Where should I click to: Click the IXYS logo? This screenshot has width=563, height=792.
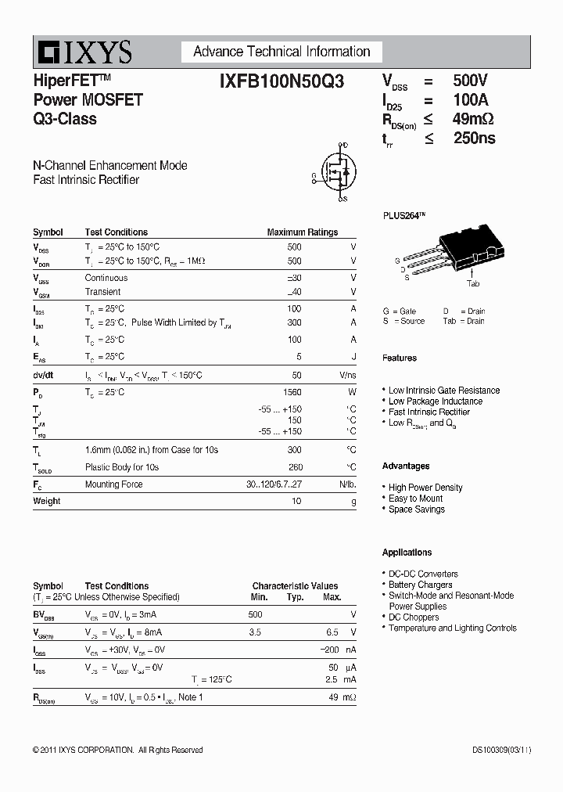83,52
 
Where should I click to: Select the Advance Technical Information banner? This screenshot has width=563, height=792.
281,52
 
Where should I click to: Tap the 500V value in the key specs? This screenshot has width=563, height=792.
470,81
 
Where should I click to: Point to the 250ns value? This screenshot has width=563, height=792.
474,139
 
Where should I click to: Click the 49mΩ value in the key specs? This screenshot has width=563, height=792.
473,119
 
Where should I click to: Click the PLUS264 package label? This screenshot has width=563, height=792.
404,215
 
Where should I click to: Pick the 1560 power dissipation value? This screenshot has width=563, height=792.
292,392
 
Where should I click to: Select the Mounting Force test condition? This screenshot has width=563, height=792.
113,484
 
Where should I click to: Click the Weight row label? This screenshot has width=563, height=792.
46,501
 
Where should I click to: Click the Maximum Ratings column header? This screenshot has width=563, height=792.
302,232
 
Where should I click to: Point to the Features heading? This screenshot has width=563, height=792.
399,358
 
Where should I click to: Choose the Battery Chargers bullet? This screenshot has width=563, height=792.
420,585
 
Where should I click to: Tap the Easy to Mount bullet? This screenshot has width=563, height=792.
415,499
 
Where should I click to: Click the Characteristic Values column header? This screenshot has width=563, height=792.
295,585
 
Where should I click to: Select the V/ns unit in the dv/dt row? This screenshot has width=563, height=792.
347,376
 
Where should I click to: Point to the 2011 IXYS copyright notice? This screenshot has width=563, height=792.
117,750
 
